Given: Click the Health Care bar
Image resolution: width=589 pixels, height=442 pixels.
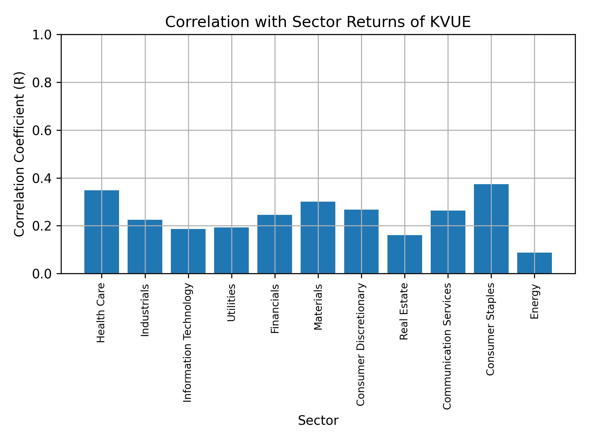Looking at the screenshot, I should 102,232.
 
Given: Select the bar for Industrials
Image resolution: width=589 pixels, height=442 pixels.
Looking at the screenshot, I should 145,246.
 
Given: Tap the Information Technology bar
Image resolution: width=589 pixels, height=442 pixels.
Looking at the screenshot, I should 188,251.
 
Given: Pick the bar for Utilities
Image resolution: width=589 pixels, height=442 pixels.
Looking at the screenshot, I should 231,250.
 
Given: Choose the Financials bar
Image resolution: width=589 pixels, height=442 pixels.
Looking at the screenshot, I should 275,244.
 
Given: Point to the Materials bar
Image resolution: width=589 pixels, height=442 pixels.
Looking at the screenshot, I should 318,237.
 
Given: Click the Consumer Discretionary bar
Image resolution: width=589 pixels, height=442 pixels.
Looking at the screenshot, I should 361,241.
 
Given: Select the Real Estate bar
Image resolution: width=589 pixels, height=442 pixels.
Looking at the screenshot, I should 405,254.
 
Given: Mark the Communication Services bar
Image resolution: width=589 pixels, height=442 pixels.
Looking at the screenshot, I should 448,242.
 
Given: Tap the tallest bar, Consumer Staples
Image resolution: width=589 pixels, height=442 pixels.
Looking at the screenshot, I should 491,229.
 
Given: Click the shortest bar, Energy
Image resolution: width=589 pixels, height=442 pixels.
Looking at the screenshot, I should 534,263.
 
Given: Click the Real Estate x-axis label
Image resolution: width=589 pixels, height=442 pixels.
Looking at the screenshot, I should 404,311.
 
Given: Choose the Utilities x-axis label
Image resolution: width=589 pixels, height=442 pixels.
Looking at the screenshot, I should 231,303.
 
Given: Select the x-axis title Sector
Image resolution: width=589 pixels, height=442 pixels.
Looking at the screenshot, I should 318,421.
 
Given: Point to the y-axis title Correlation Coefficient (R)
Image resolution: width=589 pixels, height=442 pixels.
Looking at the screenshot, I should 19,154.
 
